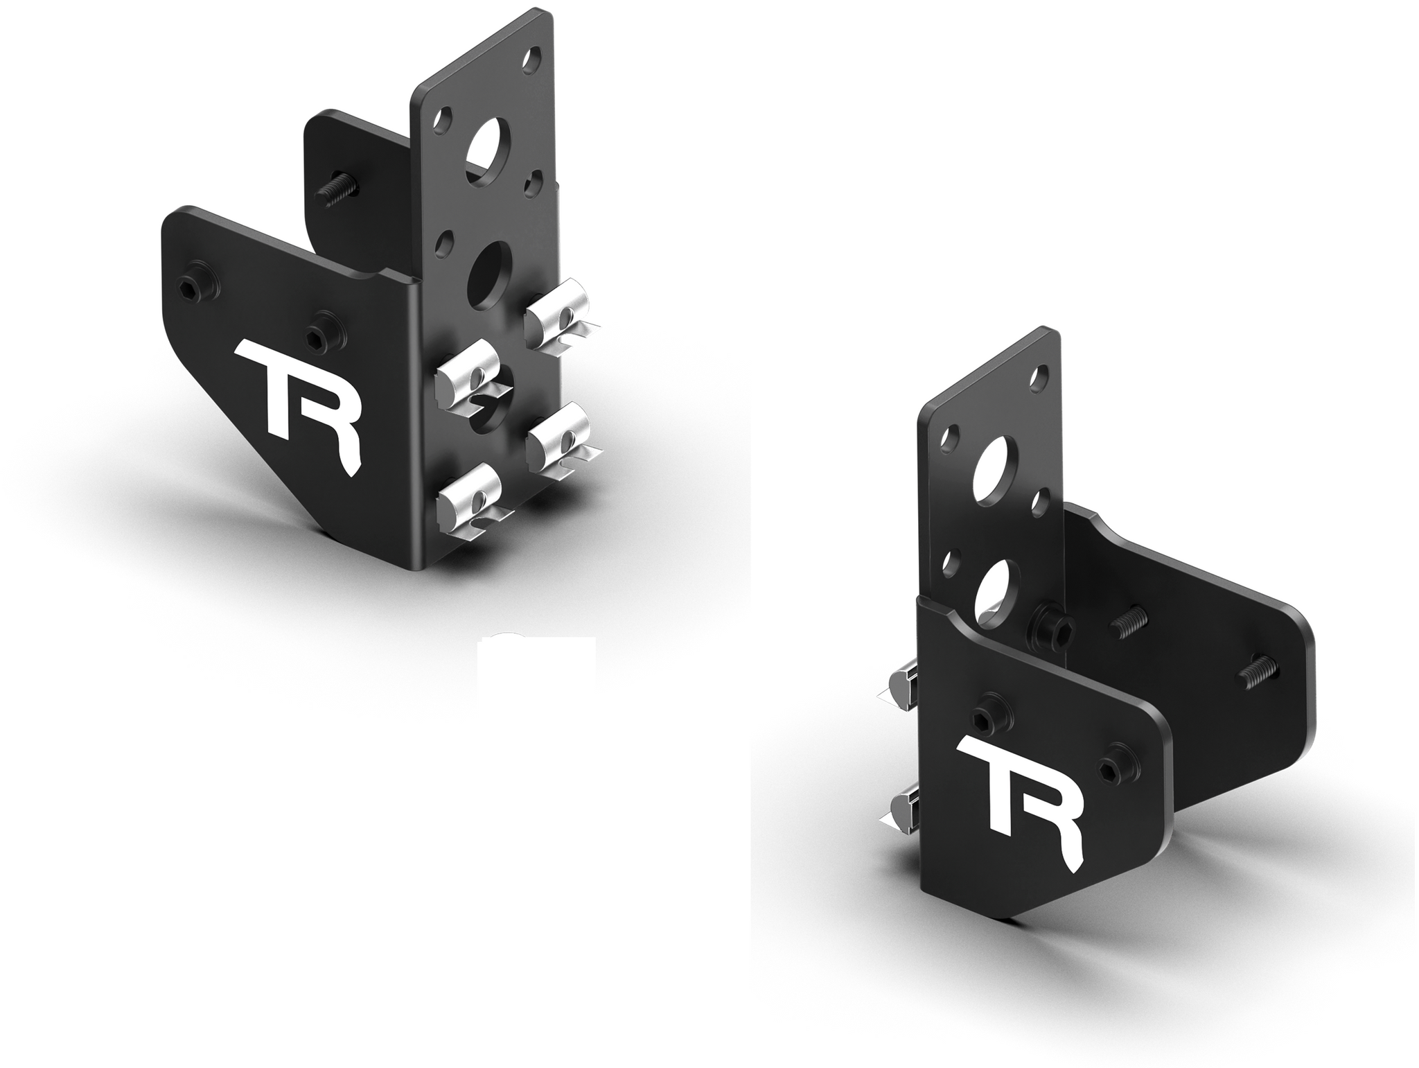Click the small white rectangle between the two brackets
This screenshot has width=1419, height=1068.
coord(537,665)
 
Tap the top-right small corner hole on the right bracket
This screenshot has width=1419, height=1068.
coord(1039,379)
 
